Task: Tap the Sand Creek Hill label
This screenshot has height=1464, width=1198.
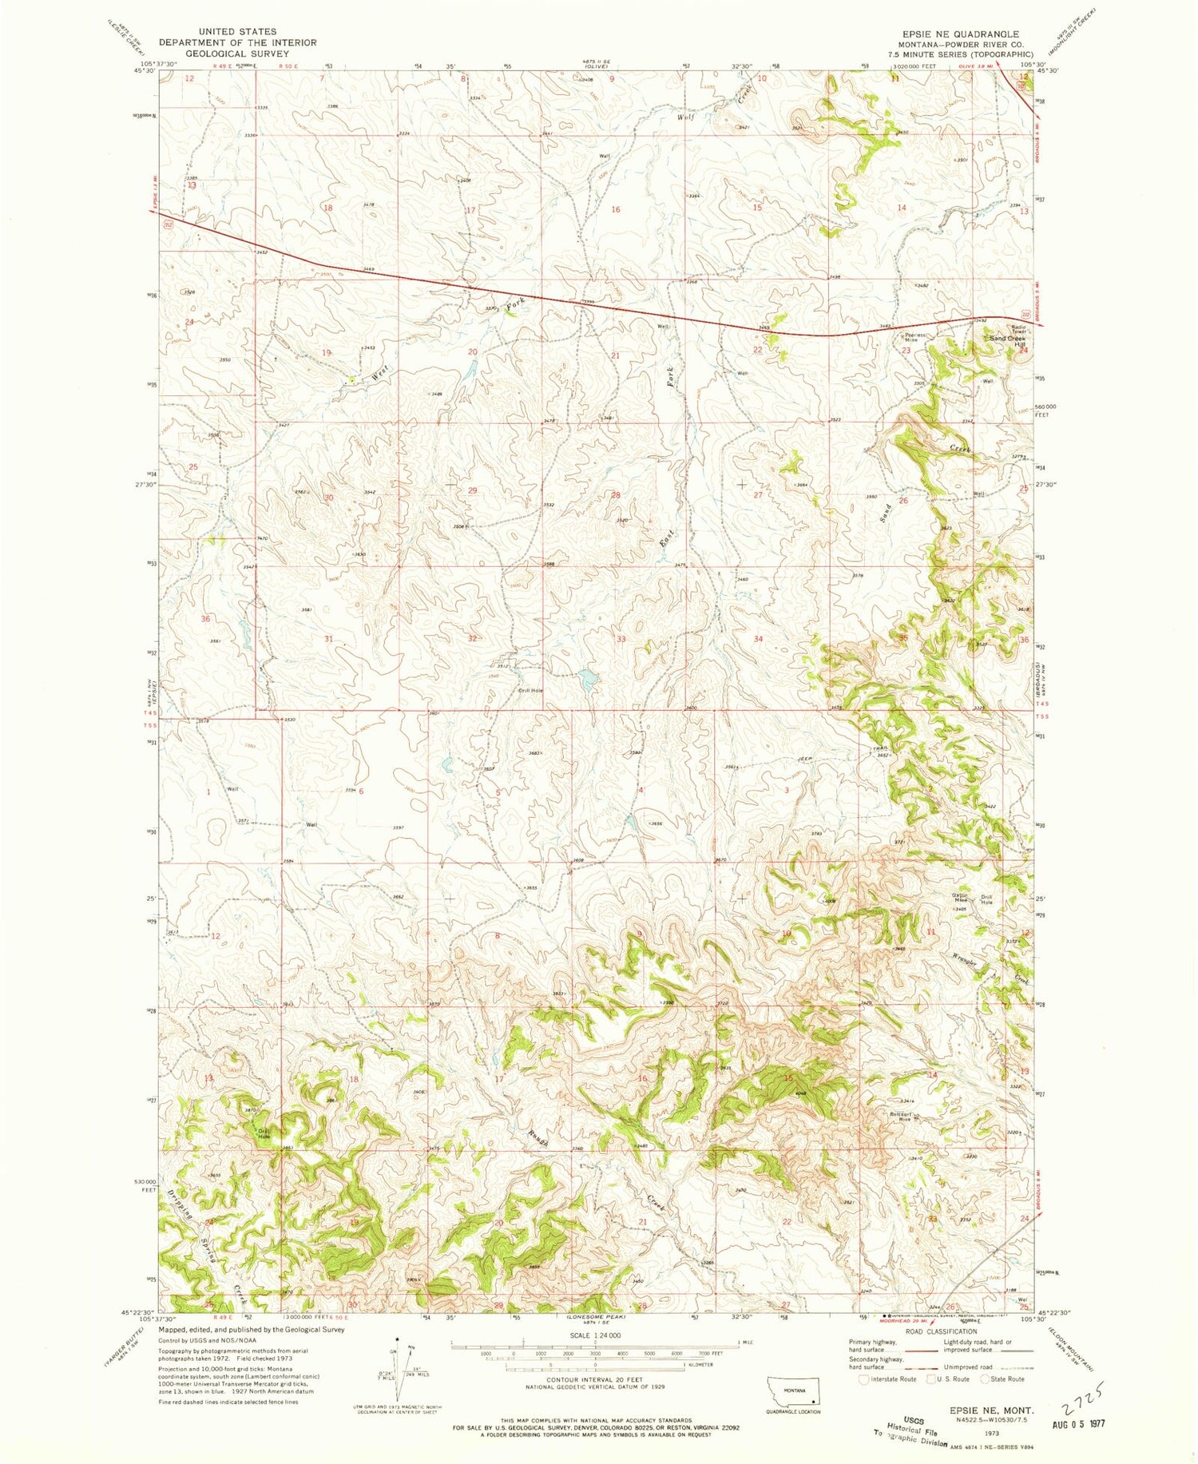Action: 1007,340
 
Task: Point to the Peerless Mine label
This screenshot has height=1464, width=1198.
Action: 915,338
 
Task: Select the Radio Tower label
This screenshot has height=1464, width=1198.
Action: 995,328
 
